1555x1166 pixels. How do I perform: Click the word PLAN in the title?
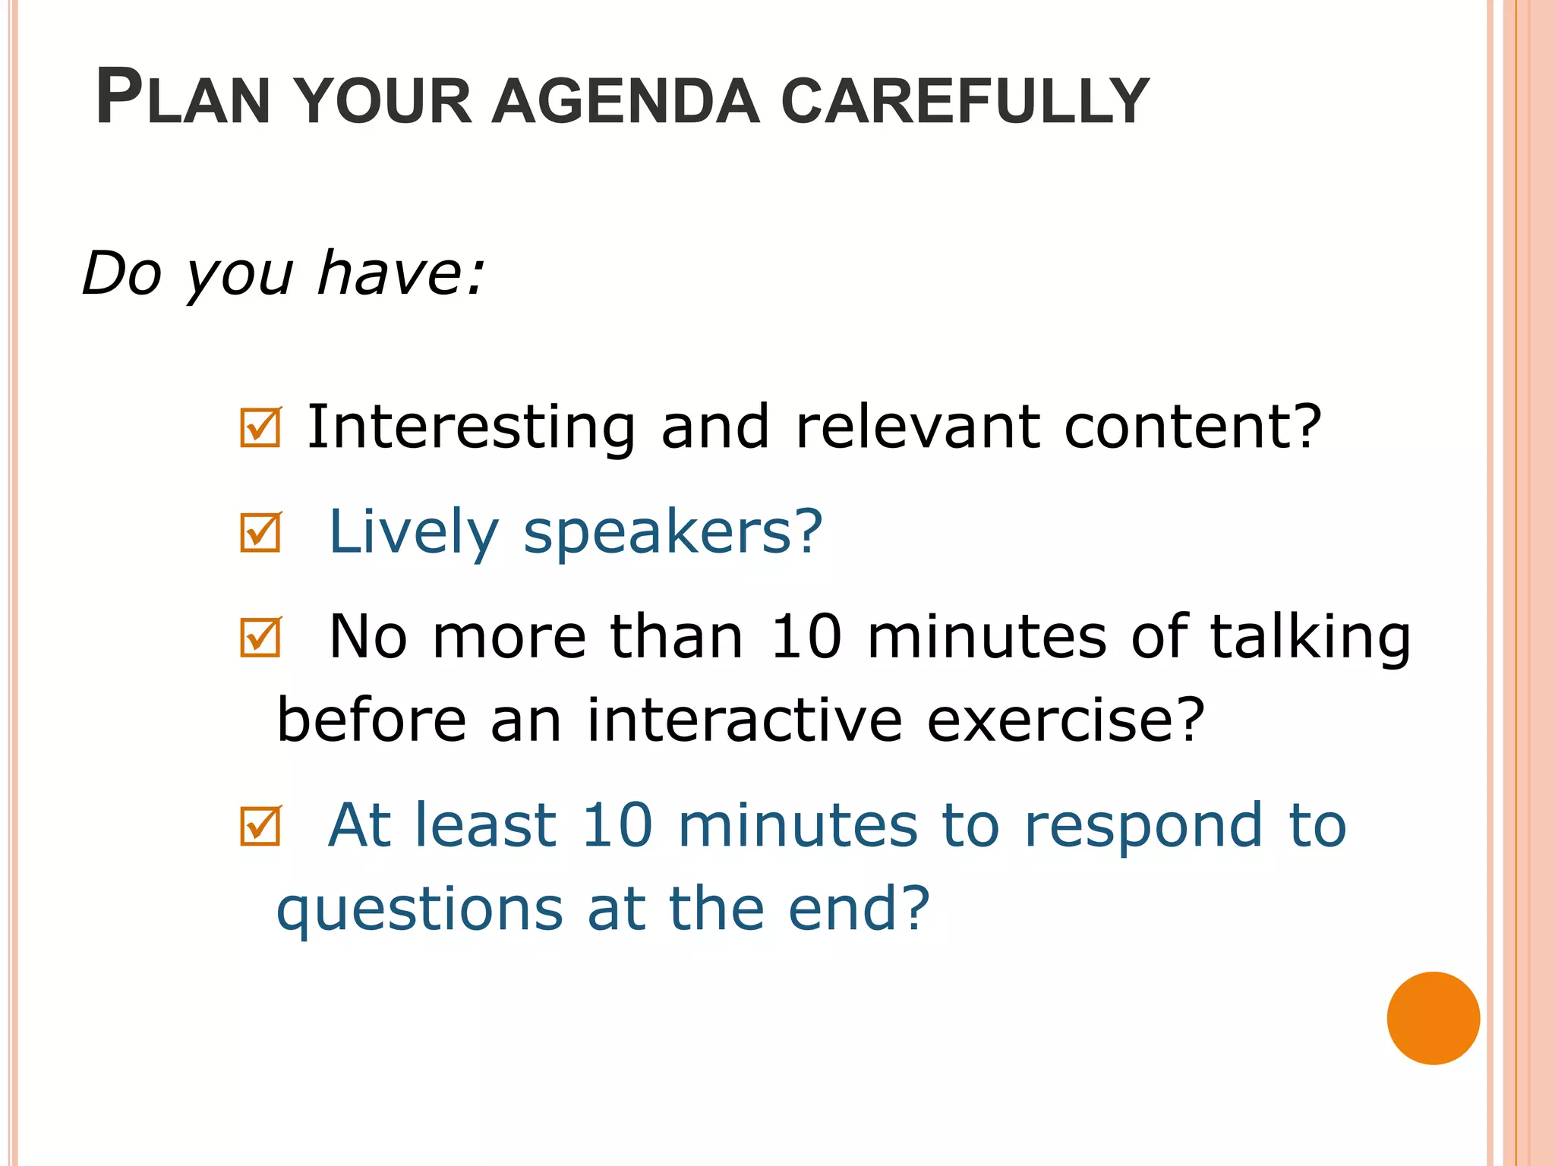click(x=183, y=98)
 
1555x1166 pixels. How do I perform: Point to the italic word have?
click(x=400, y=273)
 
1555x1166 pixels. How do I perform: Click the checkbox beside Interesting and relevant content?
click(x=260, y=427)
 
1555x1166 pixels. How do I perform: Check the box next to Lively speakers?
click(x=260, y=532)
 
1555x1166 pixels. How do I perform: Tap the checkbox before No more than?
click(x=260, y=637)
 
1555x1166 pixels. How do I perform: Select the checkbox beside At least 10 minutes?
click(x=260, y=826)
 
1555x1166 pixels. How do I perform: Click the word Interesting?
click(x=471, y=427)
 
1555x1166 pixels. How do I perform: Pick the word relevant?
click(x=917, y=427)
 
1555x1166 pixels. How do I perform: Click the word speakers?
click(x=673, y=534)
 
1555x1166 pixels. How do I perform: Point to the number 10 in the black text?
click(x=806, y=636)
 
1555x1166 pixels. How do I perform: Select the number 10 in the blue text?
click(x=617, y=825)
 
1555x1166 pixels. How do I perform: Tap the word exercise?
click(x=1065, y=720)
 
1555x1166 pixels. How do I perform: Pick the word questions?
click(x=420, y=910)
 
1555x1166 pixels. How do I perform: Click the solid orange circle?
click(x=1433, y=1018)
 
